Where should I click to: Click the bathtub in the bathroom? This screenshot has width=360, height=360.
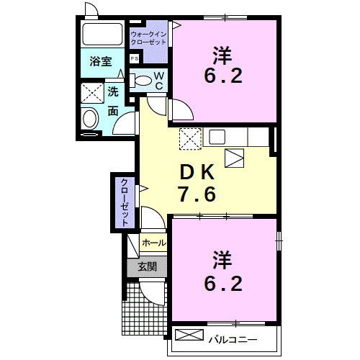(x=103, y=35)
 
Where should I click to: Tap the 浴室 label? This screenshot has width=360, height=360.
(x=100, y=62)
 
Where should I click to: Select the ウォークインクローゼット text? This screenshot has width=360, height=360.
(x=148, y=37)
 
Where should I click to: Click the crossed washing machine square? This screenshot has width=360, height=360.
(x=92, y=93)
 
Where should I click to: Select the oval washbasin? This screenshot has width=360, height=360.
(x=91, y=119)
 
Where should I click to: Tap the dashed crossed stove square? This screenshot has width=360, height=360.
(x=189, y=137)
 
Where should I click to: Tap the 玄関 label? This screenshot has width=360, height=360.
(x=147, y=266)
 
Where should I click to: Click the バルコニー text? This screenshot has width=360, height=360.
(x=230, y=337)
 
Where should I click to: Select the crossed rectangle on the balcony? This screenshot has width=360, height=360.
(x=189, y=336)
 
